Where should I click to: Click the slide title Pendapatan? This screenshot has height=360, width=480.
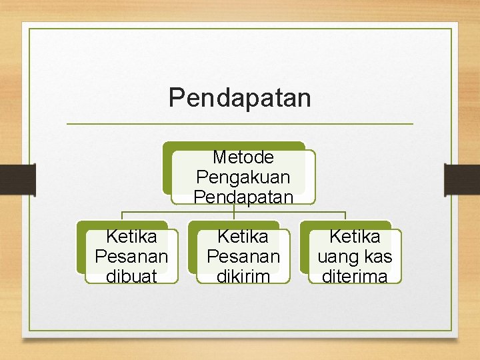click(239, 97)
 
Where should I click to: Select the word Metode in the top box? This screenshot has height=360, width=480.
click(243, 157)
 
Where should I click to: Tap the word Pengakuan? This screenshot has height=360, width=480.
click(243, 177)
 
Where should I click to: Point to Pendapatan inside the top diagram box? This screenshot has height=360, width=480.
click(243, 197)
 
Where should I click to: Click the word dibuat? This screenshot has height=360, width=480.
click(131, 276)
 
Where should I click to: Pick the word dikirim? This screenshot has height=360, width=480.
click(243, 276)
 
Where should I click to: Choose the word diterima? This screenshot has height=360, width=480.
click(354, 276)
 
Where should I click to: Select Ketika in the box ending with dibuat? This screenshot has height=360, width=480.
click(131, 237)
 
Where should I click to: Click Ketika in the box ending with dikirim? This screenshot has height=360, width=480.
click(243, 237)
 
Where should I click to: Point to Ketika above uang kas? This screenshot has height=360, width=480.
click(354, 237)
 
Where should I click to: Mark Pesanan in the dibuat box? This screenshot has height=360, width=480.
click(131, 257)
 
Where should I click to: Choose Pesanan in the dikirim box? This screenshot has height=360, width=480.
click(243, 257)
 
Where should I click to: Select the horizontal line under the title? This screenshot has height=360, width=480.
click(240, 124)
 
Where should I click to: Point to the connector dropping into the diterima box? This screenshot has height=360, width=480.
click(345, 216)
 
